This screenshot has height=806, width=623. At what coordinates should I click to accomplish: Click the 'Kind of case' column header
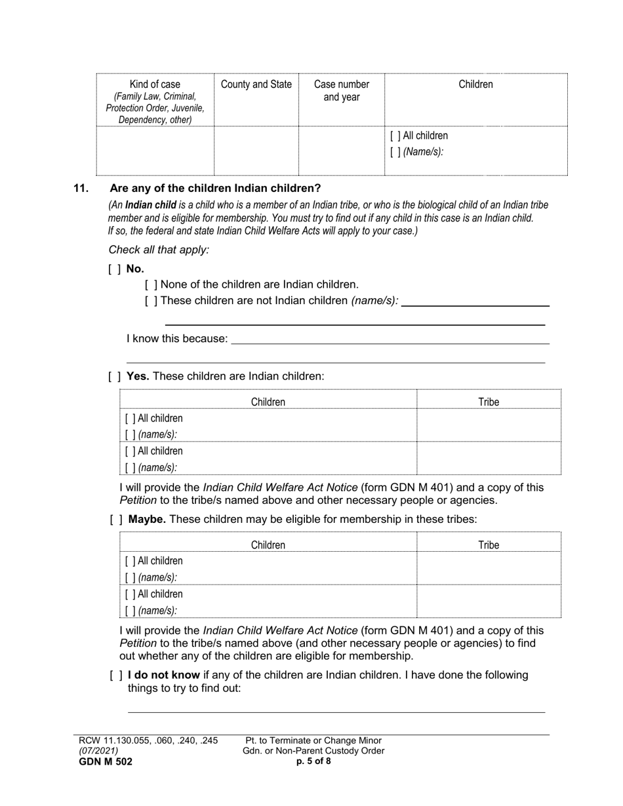(x=155, y=85)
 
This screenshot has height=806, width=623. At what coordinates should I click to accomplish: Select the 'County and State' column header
(x=256, y=85)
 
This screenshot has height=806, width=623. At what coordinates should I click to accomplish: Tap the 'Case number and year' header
(x=341, y=90)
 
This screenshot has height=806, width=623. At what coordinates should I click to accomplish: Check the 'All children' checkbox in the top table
(x=395, y=136)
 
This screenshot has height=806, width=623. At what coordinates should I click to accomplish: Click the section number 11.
(x=81, y=189)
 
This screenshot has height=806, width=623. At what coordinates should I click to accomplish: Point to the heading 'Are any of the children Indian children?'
(x=215, y=189)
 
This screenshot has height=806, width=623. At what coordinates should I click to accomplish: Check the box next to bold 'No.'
(x=115, y=269)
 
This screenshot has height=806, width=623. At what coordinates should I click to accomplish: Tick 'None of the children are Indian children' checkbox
(x=151, y=284)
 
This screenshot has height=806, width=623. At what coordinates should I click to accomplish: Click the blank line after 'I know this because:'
(x=390, y=339)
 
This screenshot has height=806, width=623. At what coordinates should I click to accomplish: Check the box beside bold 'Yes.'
(x=115, y=376)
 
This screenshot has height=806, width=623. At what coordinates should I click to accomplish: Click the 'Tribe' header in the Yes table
(x=489, y=402)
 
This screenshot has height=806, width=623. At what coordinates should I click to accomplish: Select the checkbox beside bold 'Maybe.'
(x=116, y=519)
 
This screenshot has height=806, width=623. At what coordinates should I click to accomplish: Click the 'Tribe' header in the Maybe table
(x=489, y=545)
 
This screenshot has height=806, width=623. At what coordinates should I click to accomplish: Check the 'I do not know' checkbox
(x=116, y=675)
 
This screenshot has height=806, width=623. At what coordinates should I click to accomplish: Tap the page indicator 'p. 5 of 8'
(x=313, y=761)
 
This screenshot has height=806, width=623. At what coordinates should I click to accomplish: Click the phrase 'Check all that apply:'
(x=159, y=250)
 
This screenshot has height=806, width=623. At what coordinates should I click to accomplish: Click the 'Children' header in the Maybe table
(x=268, y=545)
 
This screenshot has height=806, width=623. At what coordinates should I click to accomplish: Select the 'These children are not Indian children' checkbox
(x=151, y=301)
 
